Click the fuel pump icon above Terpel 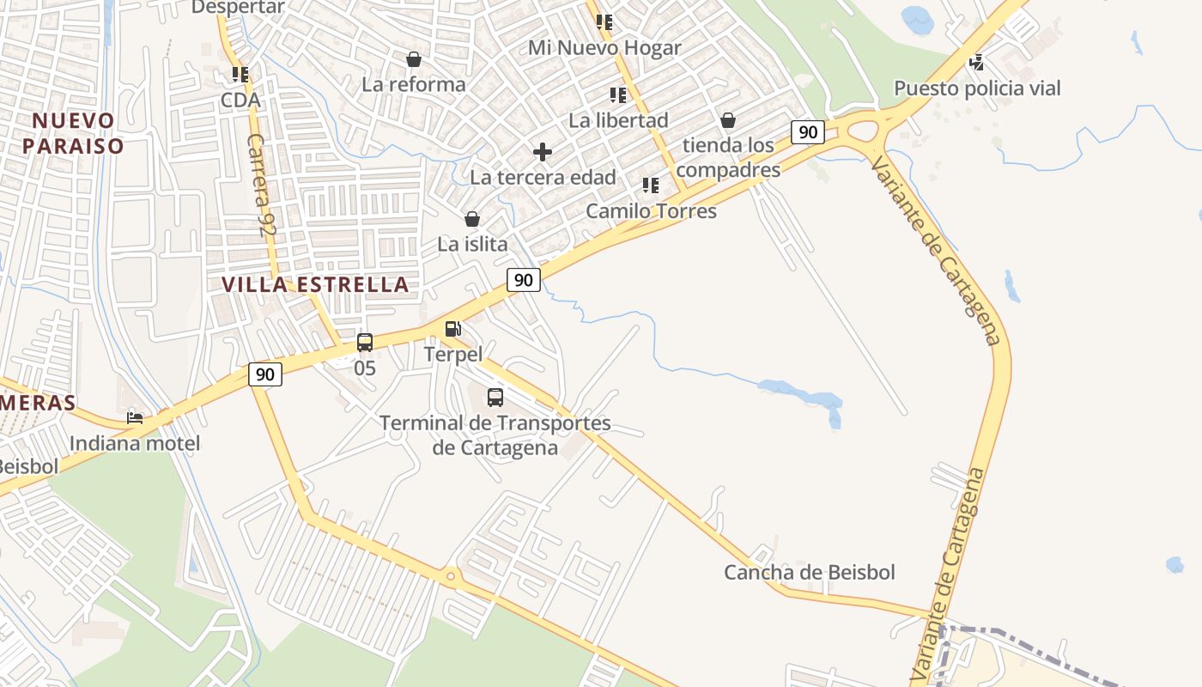[452, 329]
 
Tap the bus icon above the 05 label [365, 343]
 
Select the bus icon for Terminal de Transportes [495, 397]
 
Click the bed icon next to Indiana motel [135, 418]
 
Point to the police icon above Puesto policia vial [976, 62]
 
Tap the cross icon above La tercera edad [542, 153]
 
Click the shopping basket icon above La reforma [414, 59]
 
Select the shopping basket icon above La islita [471, 219]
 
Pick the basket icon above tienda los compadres [728, 120]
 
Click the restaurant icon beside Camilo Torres [651, 185]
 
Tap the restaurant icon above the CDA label [240, 75]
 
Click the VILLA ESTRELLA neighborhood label [315, 284]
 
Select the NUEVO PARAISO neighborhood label [74, 133]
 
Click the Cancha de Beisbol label [810, 573]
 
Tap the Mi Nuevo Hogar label [604, 48]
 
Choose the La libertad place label [618, 120]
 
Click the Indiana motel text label [135, 443]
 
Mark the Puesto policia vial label [977, 88]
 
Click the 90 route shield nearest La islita [524, 280]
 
